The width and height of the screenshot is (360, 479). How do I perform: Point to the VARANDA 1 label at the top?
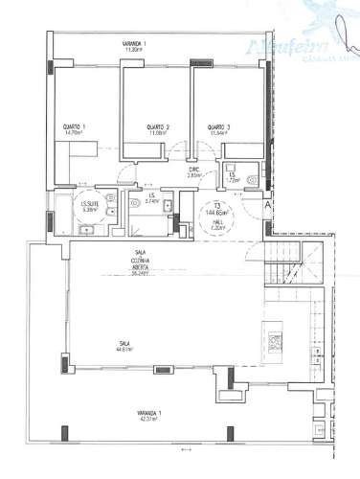pos(133,44)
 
